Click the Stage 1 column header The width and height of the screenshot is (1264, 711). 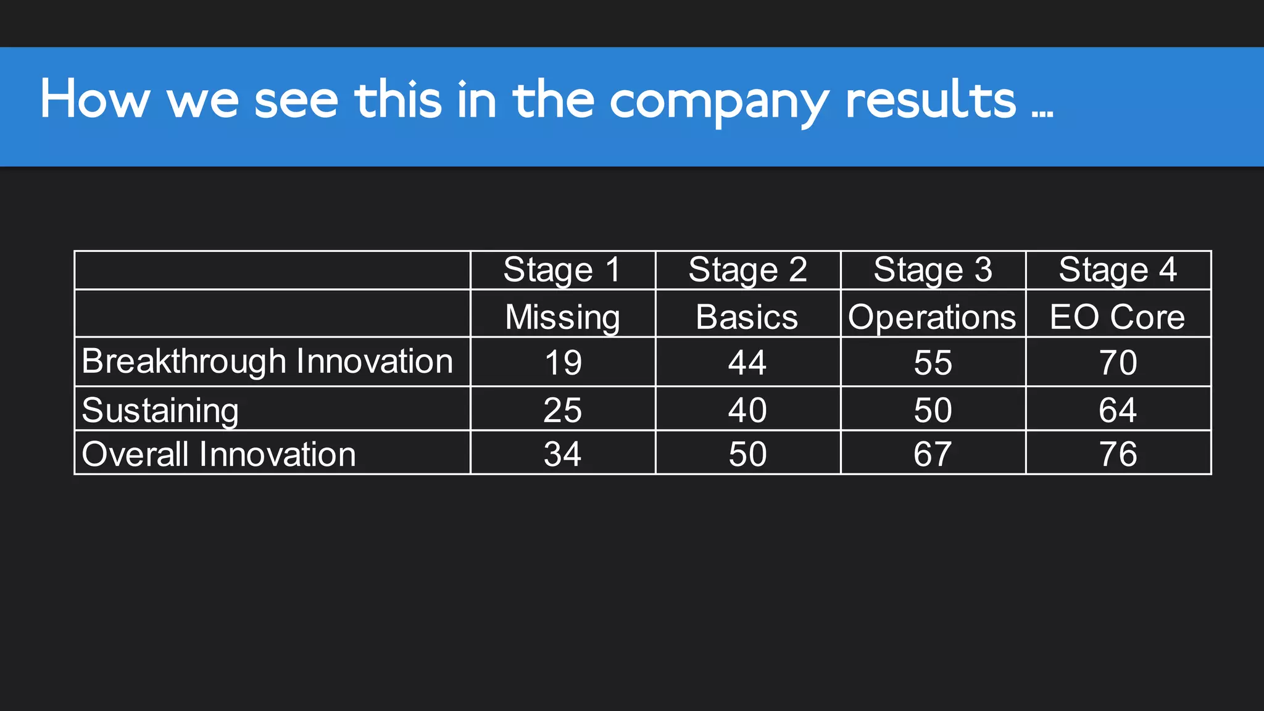click(562, 270)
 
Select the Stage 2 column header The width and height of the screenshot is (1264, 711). click(747, 270)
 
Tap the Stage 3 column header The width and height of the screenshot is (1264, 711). click(933, 270)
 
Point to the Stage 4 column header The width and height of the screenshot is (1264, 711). click(1118, 270)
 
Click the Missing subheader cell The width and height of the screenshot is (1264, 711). click(562, 317)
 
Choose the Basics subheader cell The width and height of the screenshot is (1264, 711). click(747, 317)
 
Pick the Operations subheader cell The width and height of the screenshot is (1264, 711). click(932, 317)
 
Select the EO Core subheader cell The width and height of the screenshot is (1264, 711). click(1117, 317)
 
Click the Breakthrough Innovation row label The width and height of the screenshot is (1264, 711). click(267, 362)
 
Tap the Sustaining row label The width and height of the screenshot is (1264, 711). click(160, 410)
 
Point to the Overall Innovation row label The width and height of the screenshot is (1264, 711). click(219, 454)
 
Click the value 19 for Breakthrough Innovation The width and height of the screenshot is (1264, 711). click(563, 362)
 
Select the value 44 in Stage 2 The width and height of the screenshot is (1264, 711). click(747, 362)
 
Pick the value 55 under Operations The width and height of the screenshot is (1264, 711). click(933, 362)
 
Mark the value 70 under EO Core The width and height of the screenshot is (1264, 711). click(1118, 362)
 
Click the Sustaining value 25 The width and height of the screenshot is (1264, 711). click(562, 410)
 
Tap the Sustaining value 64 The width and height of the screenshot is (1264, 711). click(1118, 410)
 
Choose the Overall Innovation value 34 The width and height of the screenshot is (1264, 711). click(562, 454)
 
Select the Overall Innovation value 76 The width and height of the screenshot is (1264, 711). click(1118, 454)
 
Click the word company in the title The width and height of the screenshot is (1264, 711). click(719, 101)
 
